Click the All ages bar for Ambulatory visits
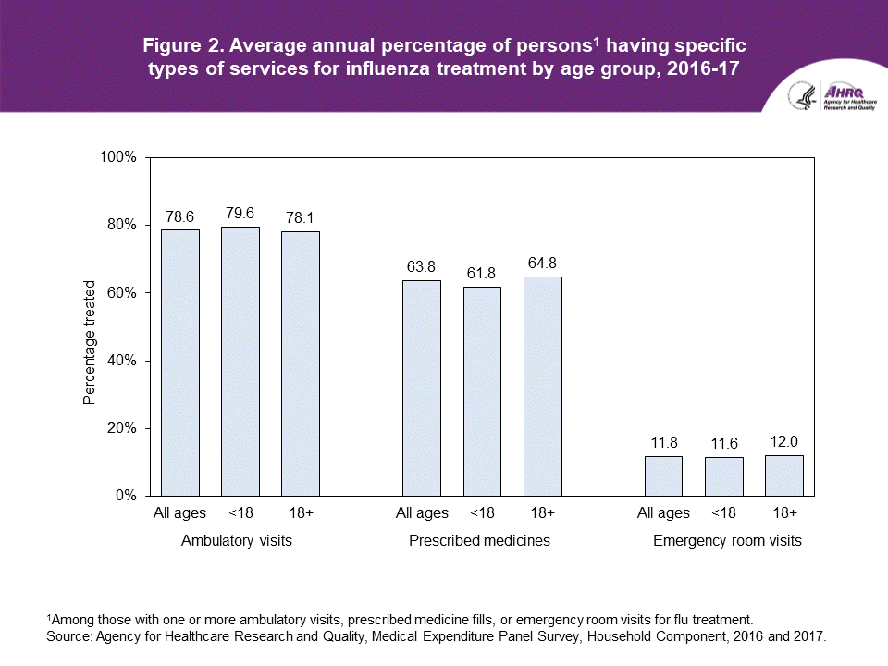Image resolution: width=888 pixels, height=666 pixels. (180, 363)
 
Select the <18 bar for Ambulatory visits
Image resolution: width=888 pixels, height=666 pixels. (240, 361)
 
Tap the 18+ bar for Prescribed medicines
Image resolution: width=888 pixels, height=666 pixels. (543, 387)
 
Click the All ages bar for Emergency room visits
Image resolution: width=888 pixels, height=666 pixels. (663, 475)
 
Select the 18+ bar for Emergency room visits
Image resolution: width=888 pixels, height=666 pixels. (783, 475)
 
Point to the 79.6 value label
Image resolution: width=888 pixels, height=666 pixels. (240, 213)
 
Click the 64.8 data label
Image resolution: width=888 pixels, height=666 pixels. (543, 263)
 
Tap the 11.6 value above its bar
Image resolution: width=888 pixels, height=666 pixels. (723, 443)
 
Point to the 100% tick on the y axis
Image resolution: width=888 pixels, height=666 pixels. (117, 158)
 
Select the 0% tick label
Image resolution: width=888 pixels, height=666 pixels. (125, 496)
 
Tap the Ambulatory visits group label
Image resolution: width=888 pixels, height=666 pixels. (237, 540)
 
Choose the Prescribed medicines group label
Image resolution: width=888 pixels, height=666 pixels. (479, 540)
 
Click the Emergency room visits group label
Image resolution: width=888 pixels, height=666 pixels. (727, 540)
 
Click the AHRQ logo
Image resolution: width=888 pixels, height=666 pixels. (823, 96)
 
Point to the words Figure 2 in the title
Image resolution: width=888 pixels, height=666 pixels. (178, 45)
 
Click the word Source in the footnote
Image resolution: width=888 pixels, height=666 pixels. (68, 636)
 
